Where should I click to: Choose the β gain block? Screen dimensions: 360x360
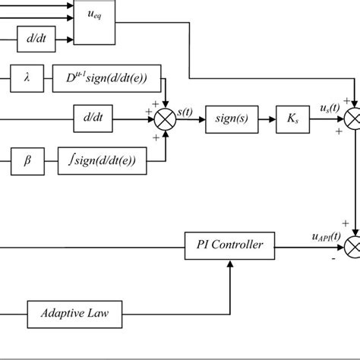pyautogui.click(x=27, y=160)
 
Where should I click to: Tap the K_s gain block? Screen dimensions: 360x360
pyautogui.click(x=292, y=118)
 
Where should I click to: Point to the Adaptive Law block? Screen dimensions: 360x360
pyautogui.click(x=74, y=311)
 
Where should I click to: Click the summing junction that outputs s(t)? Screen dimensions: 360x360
pyautogui.click(x=165, y=118)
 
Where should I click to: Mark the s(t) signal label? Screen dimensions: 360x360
pyautogui.click(x=185, y=111)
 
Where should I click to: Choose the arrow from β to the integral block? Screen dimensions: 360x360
pyautogui.click(x=47, y=160)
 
